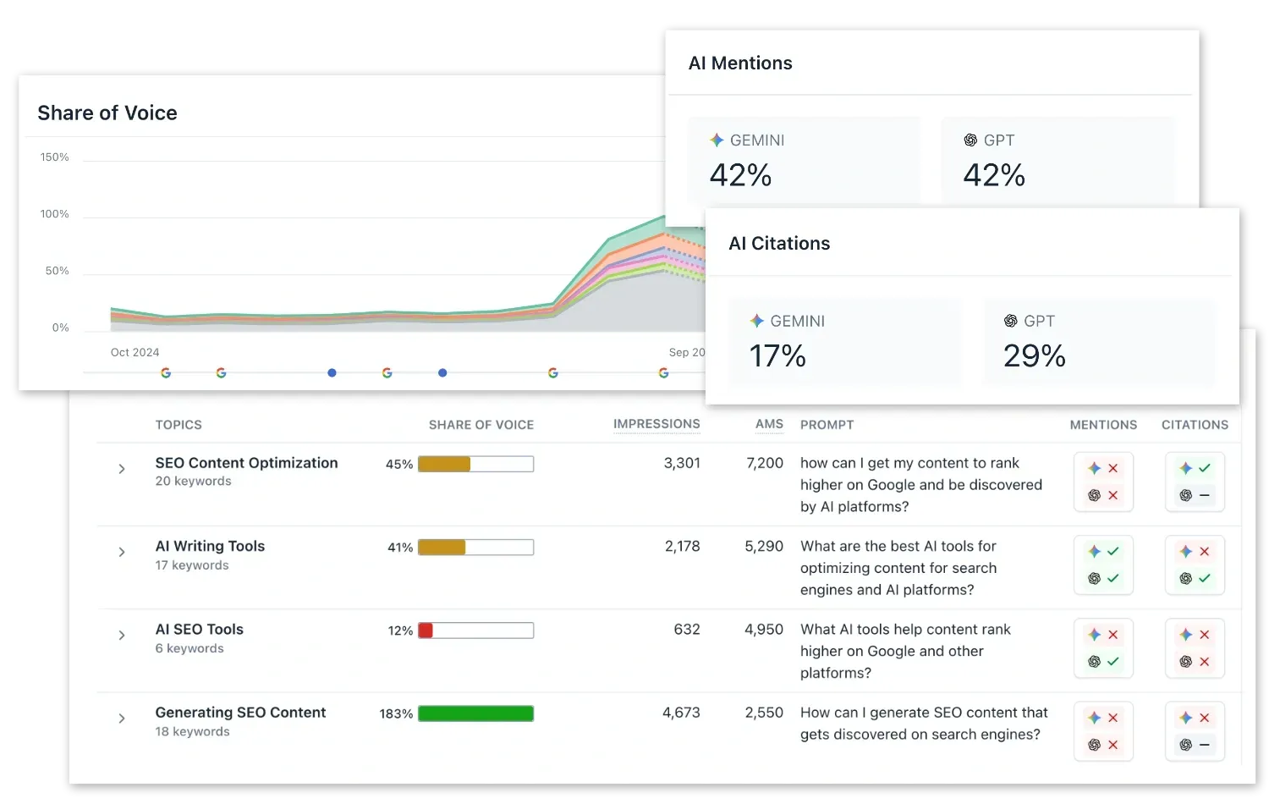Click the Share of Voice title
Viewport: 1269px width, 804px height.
coord(107,113)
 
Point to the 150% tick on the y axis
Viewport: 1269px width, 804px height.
coord(54,157)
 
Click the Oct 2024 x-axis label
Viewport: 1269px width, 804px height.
coord(135,352)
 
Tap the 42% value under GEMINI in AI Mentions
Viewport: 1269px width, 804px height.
coord(740,175)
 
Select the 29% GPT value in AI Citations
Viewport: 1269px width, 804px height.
coord(1034,355)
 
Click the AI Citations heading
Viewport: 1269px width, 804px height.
coord(779,244)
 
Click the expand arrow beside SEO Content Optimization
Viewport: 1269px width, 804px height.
coord(122,469)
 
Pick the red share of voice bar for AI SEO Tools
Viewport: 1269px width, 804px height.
coord(426,631)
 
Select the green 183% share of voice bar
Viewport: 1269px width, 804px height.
coord(475,713)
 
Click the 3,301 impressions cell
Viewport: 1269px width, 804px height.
coord(682,463)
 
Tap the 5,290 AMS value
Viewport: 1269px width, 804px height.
coord(763,547)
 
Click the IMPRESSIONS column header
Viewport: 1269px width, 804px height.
coord(656,424)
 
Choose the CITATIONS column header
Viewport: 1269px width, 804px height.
coord(1195,425)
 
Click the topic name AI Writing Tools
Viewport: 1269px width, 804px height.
coord(210,547)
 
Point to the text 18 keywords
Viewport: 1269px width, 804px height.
coord(192,732)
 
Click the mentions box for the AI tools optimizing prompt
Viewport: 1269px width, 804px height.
coord(1103,564)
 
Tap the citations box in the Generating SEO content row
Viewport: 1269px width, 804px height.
coord(1195,731)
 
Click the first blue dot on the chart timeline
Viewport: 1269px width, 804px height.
coord(332,372)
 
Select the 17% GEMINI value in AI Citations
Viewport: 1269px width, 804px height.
coord(777,355)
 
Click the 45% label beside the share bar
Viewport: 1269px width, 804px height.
coord(399,465)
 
